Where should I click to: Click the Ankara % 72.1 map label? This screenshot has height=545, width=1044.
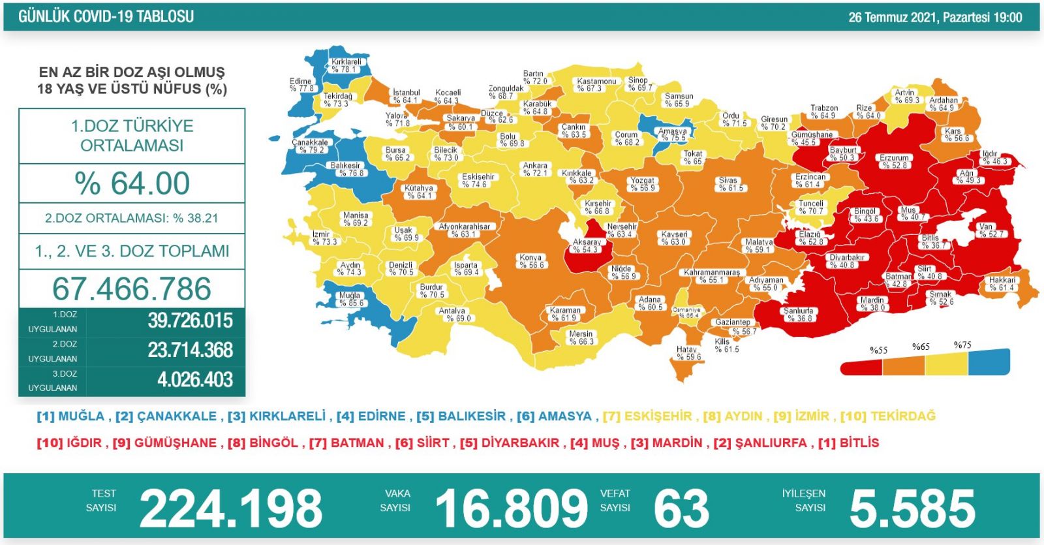point(535,169)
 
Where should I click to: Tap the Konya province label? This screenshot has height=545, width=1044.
point(531,261)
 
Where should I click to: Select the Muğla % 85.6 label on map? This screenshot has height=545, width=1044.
point(350,299)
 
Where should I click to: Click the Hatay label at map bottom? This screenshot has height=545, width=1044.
point(688,353)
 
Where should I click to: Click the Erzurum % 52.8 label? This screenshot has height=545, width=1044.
point(893,161)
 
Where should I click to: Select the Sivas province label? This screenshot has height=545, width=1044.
point(728,184)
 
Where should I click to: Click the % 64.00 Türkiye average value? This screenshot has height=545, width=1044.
point(132,183)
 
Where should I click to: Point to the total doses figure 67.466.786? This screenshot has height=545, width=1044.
point(132,289)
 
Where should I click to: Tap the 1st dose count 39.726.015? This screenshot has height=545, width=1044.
point(190,321)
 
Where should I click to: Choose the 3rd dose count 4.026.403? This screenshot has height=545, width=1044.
point(194,380)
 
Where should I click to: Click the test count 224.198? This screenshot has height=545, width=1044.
point(231,509)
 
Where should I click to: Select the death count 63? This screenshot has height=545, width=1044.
point(681,509)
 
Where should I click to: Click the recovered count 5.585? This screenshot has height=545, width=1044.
point(912,509)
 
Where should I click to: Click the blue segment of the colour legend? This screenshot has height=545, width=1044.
point(989,362)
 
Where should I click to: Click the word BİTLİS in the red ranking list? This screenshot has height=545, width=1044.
point(859,443)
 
